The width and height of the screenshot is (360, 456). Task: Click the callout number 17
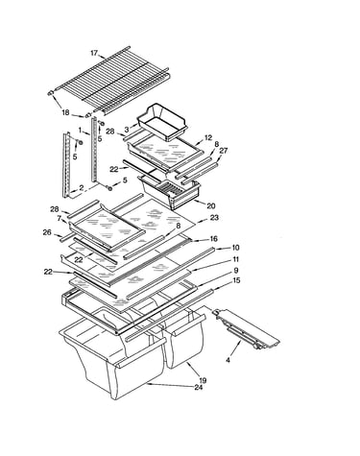94,53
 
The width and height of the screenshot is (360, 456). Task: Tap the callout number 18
65,112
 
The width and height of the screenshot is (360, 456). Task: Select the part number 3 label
127,130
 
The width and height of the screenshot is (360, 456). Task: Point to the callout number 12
208,137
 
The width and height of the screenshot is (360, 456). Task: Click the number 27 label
224,151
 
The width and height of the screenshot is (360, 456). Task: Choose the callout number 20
211,206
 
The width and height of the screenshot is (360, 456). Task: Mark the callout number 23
214,218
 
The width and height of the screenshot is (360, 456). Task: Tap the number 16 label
214,239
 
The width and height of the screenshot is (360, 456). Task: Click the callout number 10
235,248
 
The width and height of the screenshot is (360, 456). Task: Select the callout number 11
235,259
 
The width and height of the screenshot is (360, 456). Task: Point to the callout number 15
236,280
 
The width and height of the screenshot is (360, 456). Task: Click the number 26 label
47,232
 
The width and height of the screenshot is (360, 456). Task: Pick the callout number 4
228,360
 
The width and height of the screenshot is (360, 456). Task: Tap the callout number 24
199,388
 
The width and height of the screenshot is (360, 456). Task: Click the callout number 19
203,380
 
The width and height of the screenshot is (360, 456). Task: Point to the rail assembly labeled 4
246,329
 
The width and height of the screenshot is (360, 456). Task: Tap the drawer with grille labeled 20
169,190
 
